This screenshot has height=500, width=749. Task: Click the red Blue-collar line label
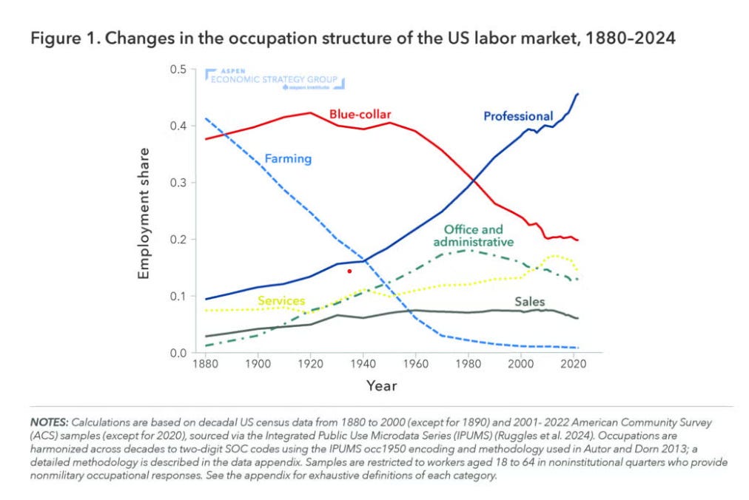pyautogui.click(x=360, y=115)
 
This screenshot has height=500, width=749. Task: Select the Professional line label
pyautogui.click(x=518, y=117)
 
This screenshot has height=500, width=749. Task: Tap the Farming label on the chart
pyautogui.click(x=288, y=159)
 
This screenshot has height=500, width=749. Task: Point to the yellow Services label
pyautogui.click(x=281, y=301)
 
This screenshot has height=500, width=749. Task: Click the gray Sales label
pyautogui.click(x=530, y=302)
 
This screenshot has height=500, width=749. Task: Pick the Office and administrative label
pyautogui.click(x=474, y=236)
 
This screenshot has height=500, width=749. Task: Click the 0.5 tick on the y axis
pyautogui.click(x=178, y=70)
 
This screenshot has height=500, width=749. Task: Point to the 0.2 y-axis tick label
pyautogui.click(x=178, y=240)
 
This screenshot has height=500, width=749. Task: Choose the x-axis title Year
pyautogui.click(x=381, y=386)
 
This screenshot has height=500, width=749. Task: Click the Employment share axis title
pyautogui.click(x=144, y=214)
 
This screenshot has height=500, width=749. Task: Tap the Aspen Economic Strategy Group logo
pyautogui.click(x=275, y=79)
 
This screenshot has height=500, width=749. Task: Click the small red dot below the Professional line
pyautogui.click(x=349, y=271)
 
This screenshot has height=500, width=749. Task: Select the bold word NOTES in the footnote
pyautogui.click(x=49, y=422)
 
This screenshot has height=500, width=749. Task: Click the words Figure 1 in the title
pyautogui.click(x=65, y=38)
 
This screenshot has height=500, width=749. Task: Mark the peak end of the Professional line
pyautogui.click(x=578, y=94)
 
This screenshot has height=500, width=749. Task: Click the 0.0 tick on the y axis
pyautogui.click(x=178, y=354)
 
